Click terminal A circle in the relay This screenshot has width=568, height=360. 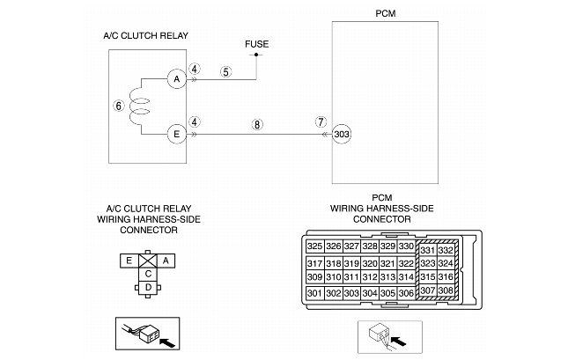(176, 78)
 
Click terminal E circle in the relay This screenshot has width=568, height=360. (176, 134)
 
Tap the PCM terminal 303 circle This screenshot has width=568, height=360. (343, 134)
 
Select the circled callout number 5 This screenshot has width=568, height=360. (226, 72)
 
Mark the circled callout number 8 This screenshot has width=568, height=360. (256, 125)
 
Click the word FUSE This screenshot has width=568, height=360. (256, 43)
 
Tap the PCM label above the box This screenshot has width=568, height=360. (386, 14)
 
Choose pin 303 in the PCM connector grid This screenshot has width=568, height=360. (350, 293)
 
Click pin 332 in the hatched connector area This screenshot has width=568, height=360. (447, 251)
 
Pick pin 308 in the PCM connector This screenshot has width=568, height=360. (447, 291)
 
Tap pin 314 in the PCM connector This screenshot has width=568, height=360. (405, 277)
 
